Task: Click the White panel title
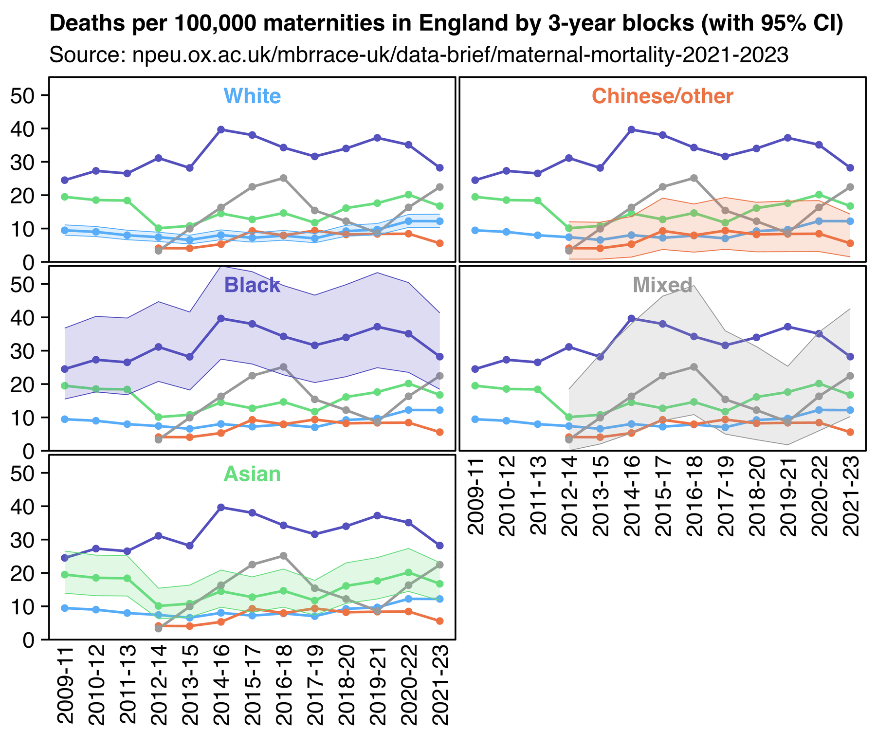[252, 96]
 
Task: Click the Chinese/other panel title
[662, 96]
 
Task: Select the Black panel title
[252, 285]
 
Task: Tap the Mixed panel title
[662, 285]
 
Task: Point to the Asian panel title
[252, 474]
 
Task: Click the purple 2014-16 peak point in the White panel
[221, 129]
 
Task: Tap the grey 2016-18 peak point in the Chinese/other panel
[694, 178]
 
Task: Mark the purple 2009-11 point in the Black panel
[65, 369]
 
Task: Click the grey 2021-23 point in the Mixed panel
[850, 376]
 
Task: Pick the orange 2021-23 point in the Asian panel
[439, 621]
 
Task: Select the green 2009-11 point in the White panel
[65, 197]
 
